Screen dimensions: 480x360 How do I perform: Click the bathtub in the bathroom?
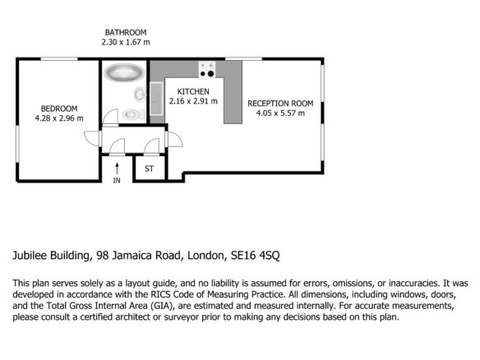[x=124, y=72]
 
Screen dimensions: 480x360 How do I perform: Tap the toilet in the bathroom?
[x=133, y=114]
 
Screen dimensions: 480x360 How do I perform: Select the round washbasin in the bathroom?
[x=140, y=94]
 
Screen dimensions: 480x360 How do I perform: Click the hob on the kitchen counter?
[x=207, y=69]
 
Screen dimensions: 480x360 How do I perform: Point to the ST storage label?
[x=149, y=168]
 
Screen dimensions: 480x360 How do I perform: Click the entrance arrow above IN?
[x=117, y=169]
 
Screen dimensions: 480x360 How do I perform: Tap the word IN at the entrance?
[x=117, y=181]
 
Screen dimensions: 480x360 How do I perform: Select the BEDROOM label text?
[x=59, y=108]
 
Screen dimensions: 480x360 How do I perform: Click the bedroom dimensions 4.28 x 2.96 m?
[x=59, y=118]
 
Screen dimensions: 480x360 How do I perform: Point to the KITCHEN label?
[x=193, y=91]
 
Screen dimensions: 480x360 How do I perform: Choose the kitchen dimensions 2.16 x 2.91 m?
[x=193, y=101]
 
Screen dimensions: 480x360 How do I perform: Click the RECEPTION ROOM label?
[x=280, y=104]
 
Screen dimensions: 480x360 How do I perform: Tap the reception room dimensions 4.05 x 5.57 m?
[x=280, y=113]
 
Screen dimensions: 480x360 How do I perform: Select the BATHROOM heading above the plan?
[x=126, y=32]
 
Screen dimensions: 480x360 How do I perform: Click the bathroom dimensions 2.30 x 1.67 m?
[x=126, y=42]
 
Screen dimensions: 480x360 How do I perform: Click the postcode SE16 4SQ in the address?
[x=256, y=256]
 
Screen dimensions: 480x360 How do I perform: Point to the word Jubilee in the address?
[x=30, y=256]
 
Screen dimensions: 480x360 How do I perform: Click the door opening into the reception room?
[x=174, y=139]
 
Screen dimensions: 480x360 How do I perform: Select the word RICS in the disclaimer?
[x=160, y=294]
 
